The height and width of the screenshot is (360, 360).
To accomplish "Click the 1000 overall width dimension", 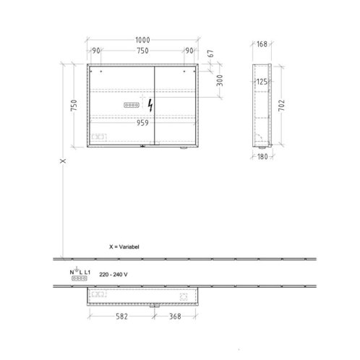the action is click(142, 40).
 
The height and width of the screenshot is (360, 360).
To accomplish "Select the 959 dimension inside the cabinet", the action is click(142, 123).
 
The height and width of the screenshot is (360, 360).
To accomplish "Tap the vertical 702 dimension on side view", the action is click(281, 106).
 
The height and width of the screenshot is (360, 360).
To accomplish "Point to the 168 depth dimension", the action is click(262, 44).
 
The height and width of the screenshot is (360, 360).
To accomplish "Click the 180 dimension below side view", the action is click(262, 157).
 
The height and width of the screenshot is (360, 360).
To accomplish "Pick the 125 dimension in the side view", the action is click(262, 82).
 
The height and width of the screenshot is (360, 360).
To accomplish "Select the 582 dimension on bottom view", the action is click(121, 316).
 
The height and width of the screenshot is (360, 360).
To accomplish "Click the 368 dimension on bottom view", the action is click(175, 316).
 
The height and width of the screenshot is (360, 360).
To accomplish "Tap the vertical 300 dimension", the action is click(220, 80).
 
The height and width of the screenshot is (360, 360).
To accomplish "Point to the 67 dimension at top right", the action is click(210, 53).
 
